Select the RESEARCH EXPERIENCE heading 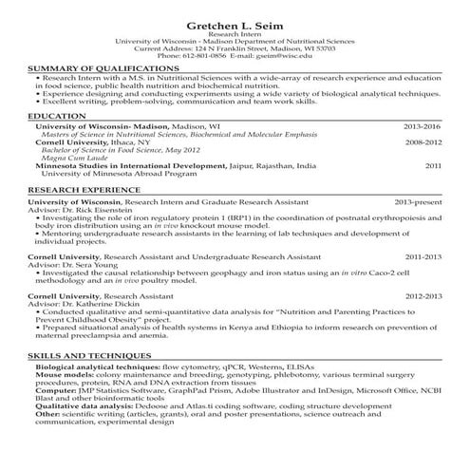tap(85, 190)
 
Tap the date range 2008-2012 tap(423, 142)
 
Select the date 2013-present tap(418, 202)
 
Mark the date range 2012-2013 tap(423, 296)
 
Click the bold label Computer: tap(57, 388)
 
